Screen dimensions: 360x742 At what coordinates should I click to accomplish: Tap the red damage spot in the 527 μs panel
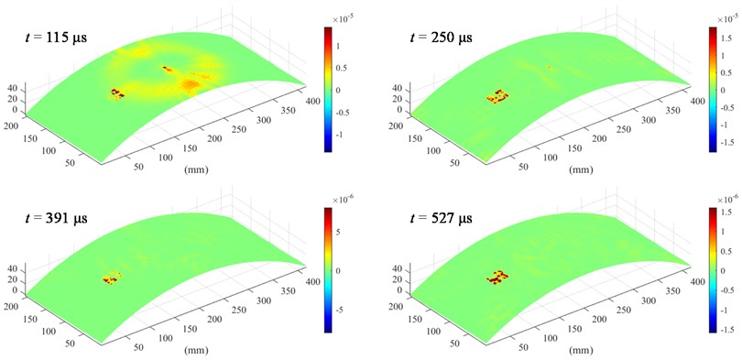497,275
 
